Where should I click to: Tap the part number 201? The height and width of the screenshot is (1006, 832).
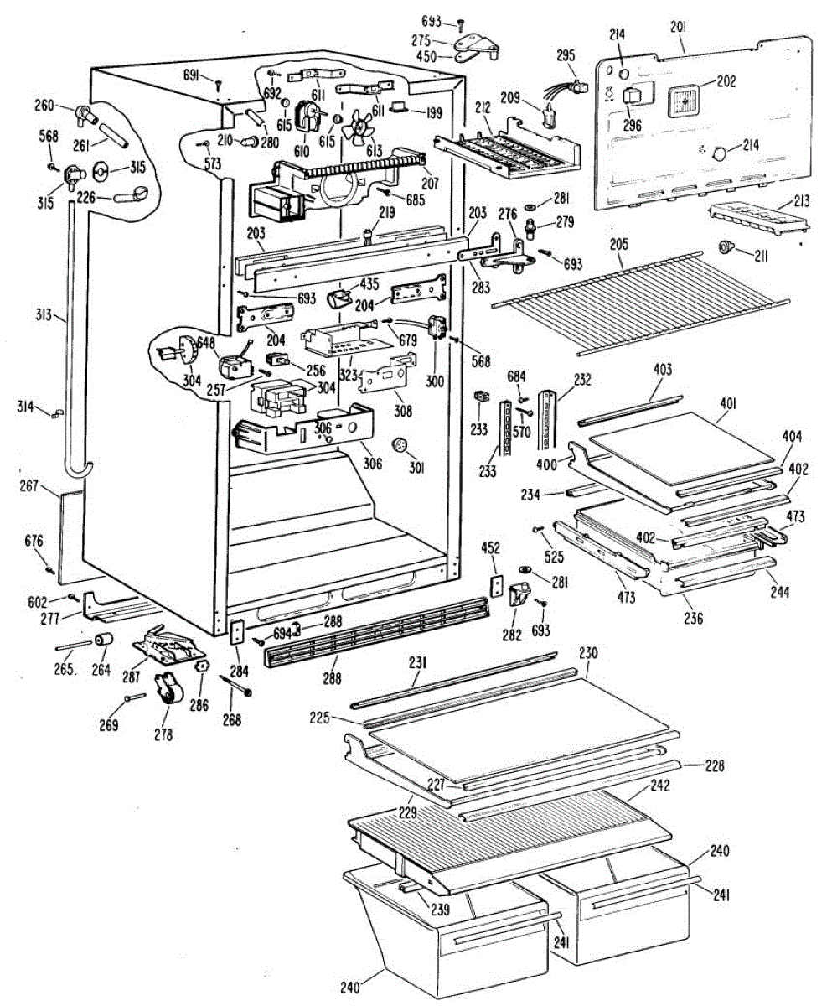(678, 27)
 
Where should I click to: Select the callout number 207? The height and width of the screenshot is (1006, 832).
(429, 182)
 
